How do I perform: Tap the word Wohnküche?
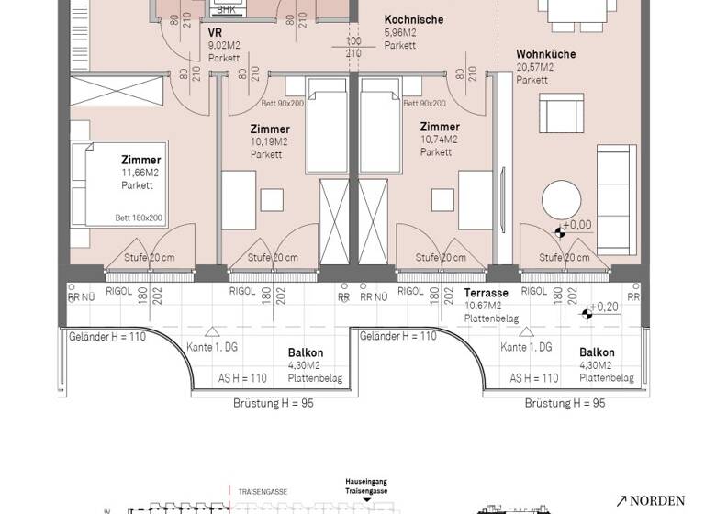pyautogui.click(x=545, y=54)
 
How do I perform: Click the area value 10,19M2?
pyautogui.click(x=269, y=141)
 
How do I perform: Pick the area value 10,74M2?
pyautogui.click(x=439, y=140)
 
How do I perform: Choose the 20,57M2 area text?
pyautogui.click(x=534, y=67)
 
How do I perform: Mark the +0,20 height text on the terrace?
pyautogui.click(x=603, y=307)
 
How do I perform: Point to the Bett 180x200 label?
pyautogui.click(x=139, y=218)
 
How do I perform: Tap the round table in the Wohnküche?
pyautogui.click(x=560, y=199)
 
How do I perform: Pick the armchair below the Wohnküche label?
pyautogui.click(x=558, y=115)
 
